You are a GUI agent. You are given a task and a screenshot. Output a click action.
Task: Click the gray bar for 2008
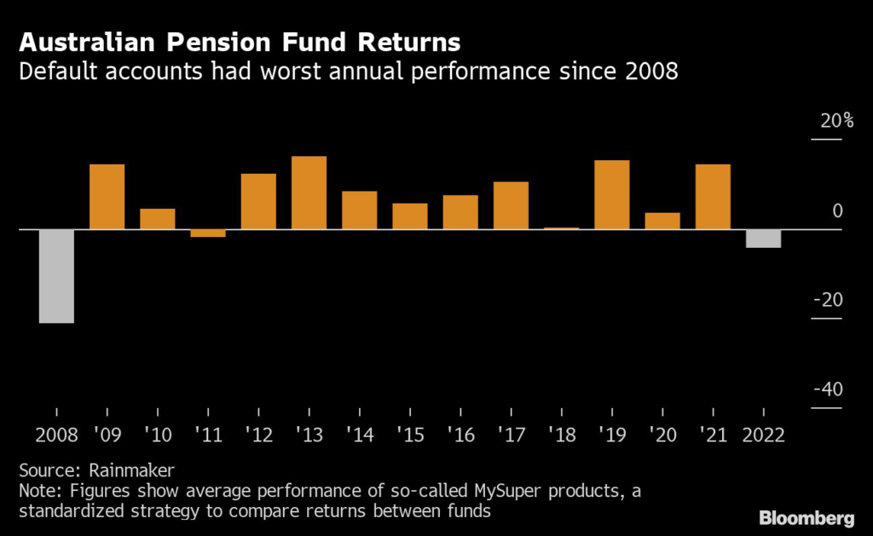coord(57,276)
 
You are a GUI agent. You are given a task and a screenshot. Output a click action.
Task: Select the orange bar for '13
coord(309,193)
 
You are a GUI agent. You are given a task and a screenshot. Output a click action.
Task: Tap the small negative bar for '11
coord(208,233)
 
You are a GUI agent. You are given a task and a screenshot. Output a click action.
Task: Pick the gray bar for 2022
coord(763,239)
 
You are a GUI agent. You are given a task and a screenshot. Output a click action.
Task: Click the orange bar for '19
coord(611,194)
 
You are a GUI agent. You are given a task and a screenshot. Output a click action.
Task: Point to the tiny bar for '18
coord(561,228)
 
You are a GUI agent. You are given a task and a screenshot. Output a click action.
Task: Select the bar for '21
coord(713,197)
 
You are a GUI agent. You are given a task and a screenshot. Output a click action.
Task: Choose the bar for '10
coord(158,219)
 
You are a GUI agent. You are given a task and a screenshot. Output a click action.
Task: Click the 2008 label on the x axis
coord(57,435)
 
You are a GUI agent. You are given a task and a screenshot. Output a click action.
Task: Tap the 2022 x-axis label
coord(763,435)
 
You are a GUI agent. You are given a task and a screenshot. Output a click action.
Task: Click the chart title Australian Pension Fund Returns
coord(240,42)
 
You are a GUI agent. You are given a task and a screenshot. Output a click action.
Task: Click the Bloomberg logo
coord(806,517)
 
